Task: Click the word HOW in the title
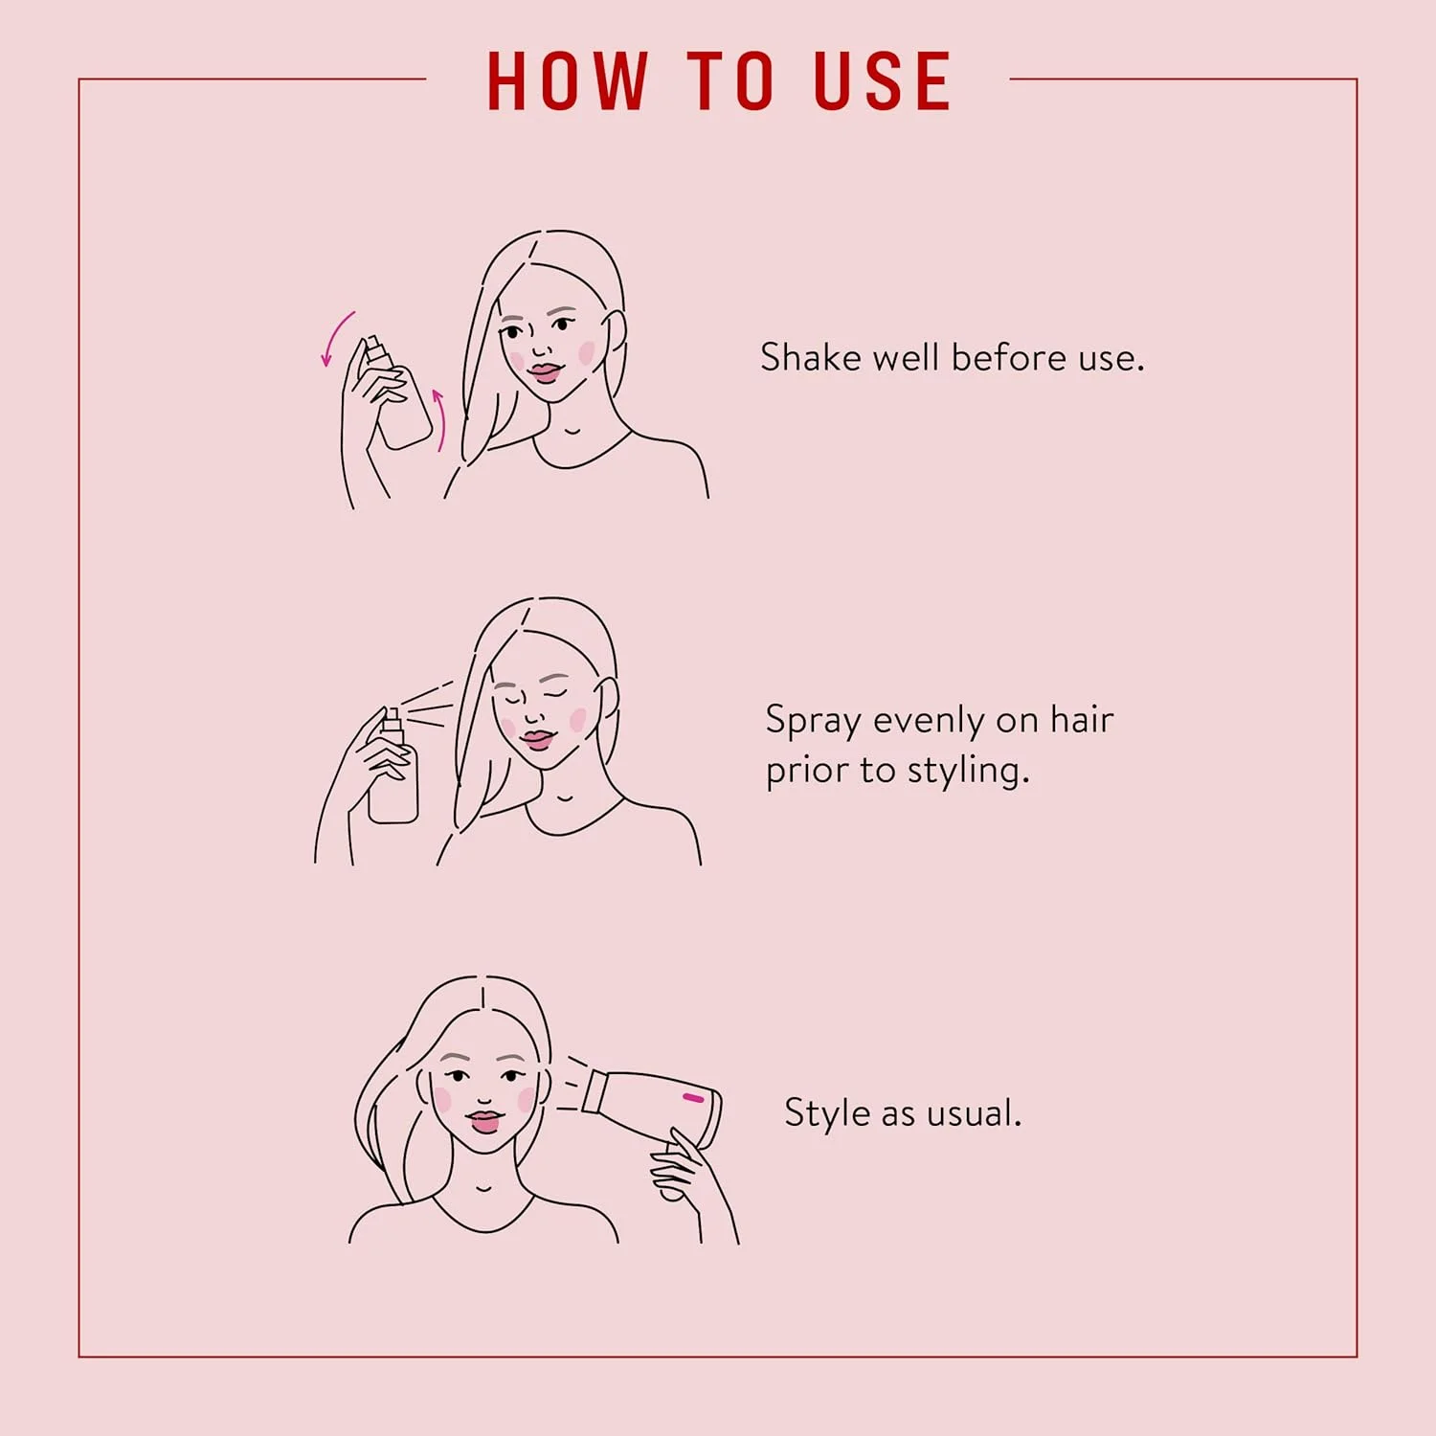click(x=568, y=81)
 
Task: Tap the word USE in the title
click(x=883, y=81)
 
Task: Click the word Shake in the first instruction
click(x=810, y=358)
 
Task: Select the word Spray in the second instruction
click(x=813, y=721)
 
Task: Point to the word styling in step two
click(x=967, y=772)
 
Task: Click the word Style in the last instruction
click(x=826, y=1113)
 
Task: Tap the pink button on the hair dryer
click(x=693, y=1097)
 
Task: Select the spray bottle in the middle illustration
click(x=393, y=775)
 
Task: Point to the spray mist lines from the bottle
click(x=428, y=704)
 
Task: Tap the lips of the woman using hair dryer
click(x=484, y=1121)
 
